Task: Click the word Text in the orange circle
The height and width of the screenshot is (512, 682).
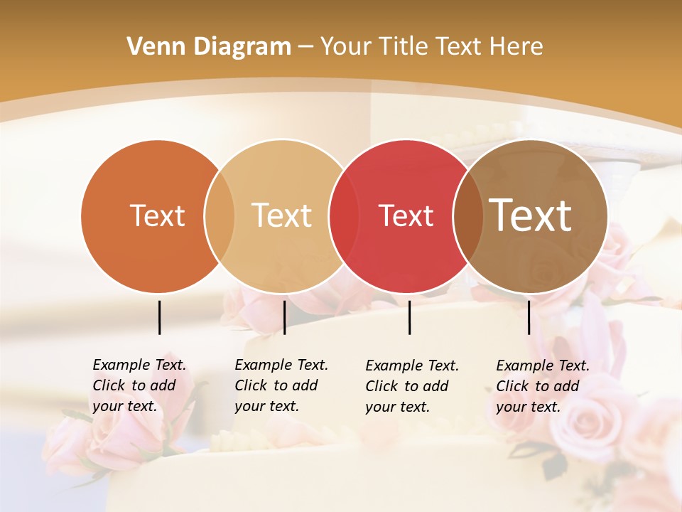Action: coord(157,215)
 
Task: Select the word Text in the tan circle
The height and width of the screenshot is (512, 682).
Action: coord(282,215)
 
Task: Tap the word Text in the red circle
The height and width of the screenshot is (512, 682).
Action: coord(406,216)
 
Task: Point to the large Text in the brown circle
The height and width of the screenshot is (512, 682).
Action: coord(531,215)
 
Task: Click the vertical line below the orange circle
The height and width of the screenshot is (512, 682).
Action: coord(159,317)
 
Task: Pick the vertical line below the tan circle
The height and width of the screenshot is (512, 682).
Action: coord(284,317)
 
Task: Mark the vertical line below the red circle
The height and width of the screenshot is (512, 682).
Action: coord(409,317)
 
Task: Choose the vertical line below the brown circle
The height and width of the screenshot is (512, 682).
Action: coord(529,317)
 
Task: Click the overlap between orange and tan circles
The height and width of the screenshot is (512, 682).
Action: coord(220,216)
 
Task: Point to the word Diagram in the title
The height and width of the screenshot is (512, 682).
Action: coord(242,47)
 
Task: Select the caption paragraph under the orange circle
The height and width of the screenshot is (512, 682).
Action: coord(139,386)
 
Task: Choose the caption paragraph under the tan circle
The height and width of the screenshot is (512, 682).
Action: coord(281,386)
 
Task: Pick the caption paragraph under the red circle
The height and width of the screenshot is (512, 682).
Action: coord(412,386)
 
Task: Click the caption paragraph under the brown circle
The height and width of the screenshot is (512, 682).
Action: coord(543,386)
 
